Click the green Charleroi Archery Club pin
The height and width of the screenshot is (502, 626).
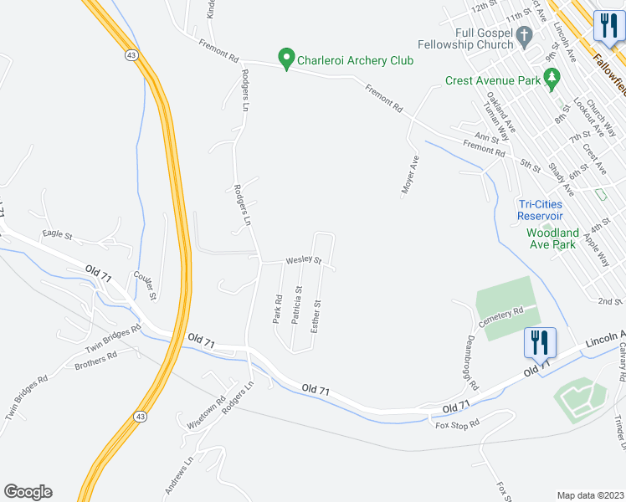pyautogui.click(x=286, y=59)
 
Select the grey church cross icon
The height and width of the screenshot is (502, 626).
pyautogui.click(x=526, y=36)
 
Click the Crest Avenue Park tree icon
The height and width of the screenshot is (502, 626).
pyautogui.click(x=551, y=79)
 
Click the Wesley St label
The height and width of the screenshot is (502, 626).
pyautogui.click(x=304, y=260)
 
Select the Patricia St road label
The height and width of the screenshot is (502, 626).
pyautogui.click(x=297, y=305)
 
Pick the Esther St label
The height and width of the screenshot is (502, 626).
pyautogui.click(x=316, y=315)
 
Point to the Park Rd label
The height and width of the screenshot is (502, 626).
pyautogui.click(x=277, y=309)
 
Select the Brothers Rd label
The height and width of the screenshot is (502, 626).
pyautogui.click(x=95, y=361)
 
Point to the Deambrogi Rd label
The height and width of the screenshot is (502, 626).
pyautogui.click(x=469, y=363)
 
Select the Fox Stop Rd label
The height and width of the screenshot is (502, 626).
pyautogui.click(x=457, y=425)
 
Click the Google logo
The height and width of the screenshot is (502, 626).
pyautogui.click(x=28, y=492)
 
